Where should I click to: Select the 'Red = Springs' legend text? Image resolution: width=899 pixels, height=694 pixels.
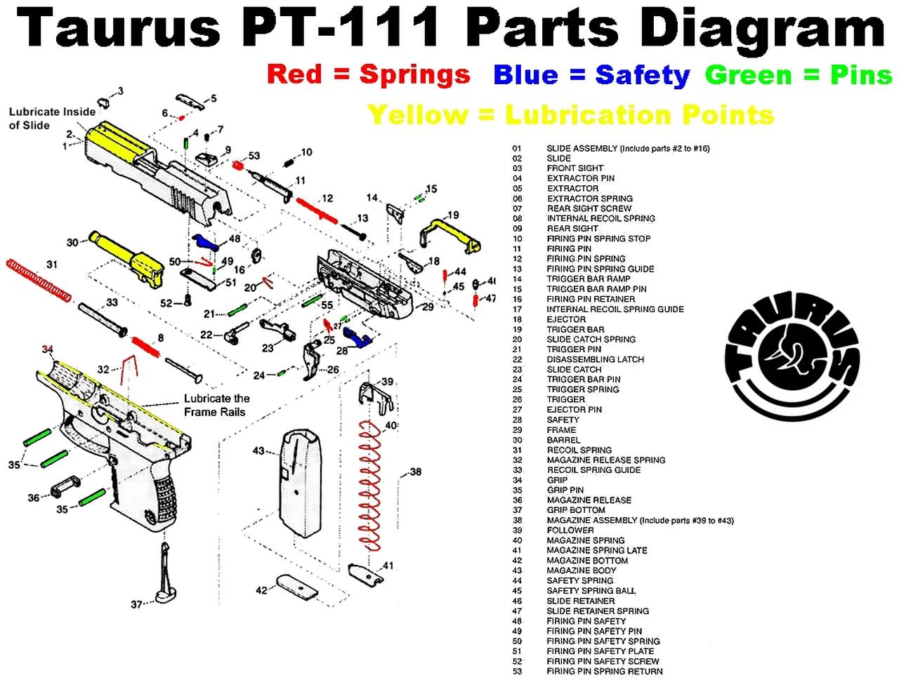(x=368, y=74)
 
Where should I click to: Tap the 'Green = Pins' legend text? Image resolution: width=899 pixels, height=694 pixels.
(x=798, y=74)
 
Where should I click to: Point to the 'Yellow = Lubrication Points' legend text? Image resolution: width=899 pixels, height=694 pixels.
(x=570, y=114)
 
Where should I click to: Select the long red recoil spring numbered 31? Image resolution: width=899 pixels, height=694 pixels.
(x=39, y=281)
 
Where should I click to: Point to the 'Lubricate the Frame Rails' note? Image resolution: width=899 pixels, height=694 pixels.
(x=216, y=405)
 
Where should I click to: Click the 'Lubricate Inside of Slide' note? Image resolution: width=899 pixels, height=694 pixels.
(x=51, y=119)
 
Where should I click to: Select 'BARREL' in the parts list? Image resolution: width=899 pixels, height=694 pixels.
(x=563, y=440)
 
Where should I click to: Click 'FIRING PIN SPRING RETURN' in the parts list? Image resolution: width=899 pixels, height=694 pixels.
(x=604, y=672)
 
